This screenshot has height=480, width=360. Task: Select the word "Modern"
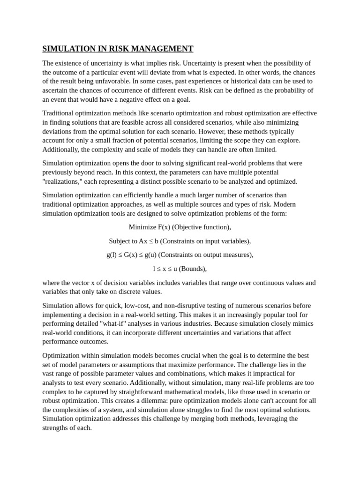click(x=285, y=204)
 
